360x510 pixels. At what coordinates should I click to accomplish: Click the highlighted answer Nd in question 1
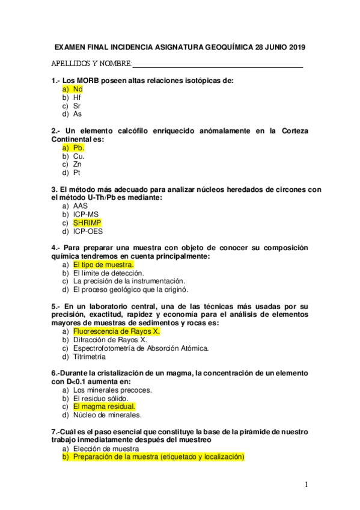coord(78,88)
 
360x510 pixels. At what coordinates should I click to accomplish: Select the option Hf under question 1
coord(77,97)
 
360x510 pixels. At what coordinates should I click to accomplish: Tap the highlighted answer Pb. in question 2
coord(79,147)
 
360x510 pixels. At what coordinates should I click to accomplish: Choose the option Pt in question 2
coord(77,173)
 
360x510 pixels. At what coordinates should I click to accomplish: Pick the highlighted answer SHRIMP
coord(87,223)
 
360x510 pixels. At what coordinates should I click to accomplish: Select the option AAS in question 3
coord(81,206)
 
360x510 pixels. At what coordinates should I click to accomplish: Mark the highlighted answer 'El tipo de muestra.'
coord(103,264)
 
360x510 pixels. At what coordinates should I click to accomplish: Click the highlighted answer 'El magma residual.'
coord(104,406)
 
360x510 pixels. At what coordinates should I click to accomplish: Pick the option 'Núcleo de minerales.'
coord(107,414)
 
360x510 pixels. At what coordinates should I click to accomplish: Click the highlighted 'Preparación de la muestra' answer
coord(159,457)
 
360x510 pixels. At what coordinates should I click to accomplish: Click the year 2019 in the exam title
coord(293,46)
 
